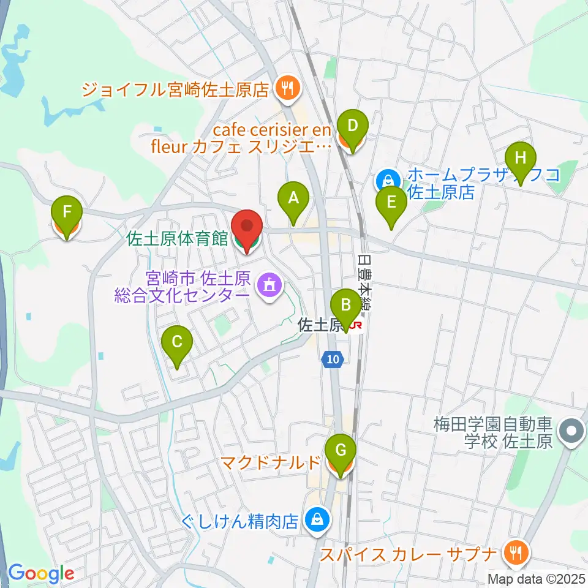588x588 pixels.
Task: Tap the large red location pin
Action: click(x=246, y=228)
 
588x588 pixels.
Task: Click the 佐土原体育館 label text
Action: click(x=177, y=238)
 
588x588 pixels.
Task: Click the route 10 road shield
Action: click(x=332, y=361)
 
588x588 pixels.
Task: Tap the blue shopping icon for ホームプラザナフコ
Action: click(x=388, y=180)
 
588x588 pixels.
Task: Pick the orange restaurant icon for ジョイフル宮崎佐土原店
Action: click(x=286, y=89)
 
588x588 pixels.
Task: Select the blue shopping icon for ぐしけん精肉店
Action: click(x=317, y=521)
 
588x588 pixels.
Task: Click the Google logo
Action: click(x=41, y=573)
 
